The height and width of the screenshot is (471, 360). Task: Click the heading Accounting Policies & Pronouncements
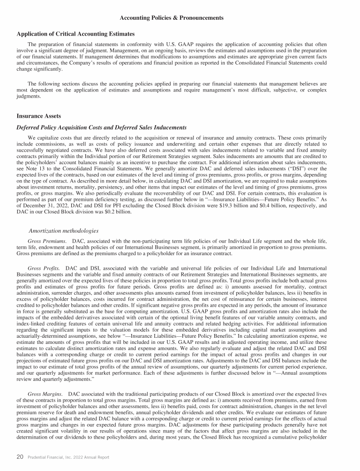click(x=172, y=18)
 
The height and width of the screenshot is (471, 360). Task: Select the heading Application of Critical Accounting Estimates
click(x=75, y=34)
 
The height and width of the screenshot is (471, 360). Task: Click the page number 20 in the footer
click(x=20, y=457)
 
